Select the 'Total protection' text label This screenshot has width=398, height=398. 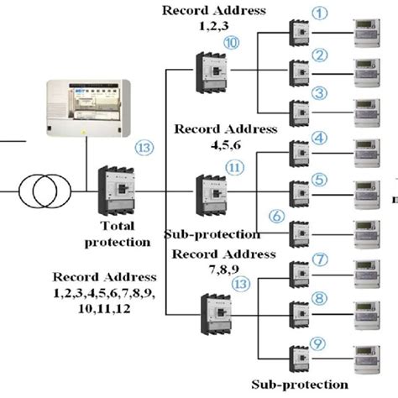117,233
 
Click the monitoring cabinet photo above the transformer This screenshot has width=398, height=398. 88,108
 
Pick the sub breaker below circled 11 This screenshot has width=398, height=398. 207,195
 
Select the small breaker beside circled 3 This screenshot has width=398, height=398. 300,112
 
